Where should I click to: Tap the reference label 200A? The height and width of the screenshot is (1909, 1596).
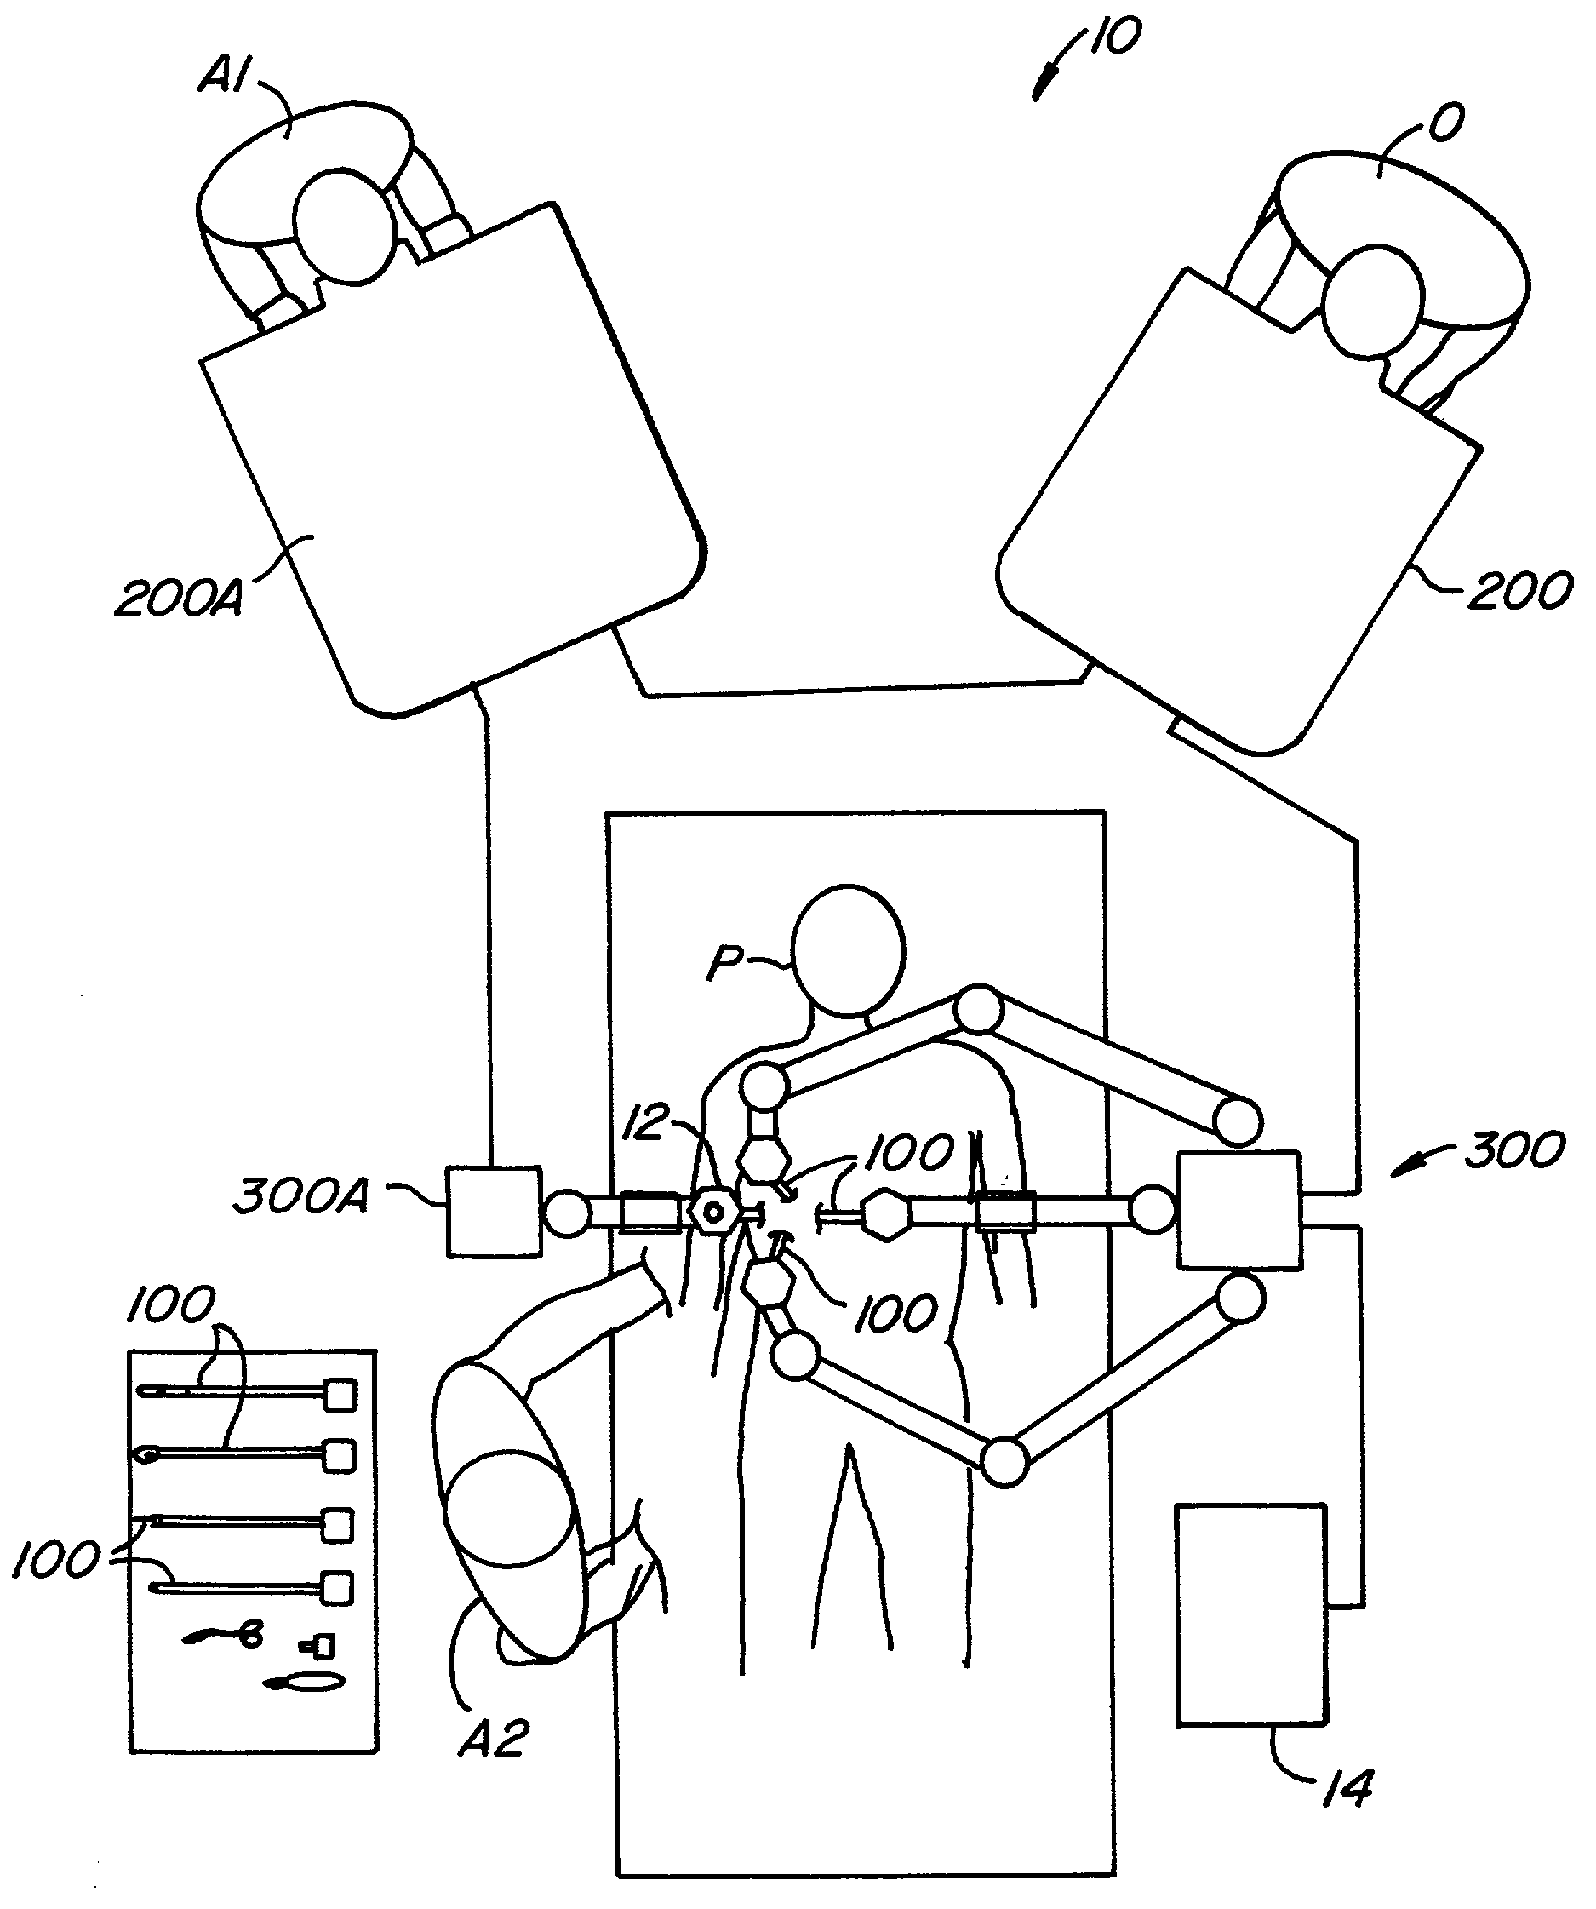point(179,599)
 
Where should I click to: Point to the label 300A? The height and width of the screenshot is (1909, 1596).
point(300,1195)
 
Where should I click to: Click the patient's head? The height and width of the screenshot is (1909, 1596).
point(848,950)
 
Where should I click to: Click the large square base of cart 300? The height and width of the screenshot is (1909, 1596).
point(1238,1209)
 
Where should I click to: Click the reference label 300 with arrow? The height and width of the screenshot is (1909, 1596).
point(1513,1150)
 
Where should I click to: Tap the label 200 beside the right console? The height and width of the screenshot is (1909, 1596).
point(1520,591)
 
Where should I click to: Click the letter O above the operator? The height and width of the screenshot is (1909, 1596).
point(1446,123)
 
